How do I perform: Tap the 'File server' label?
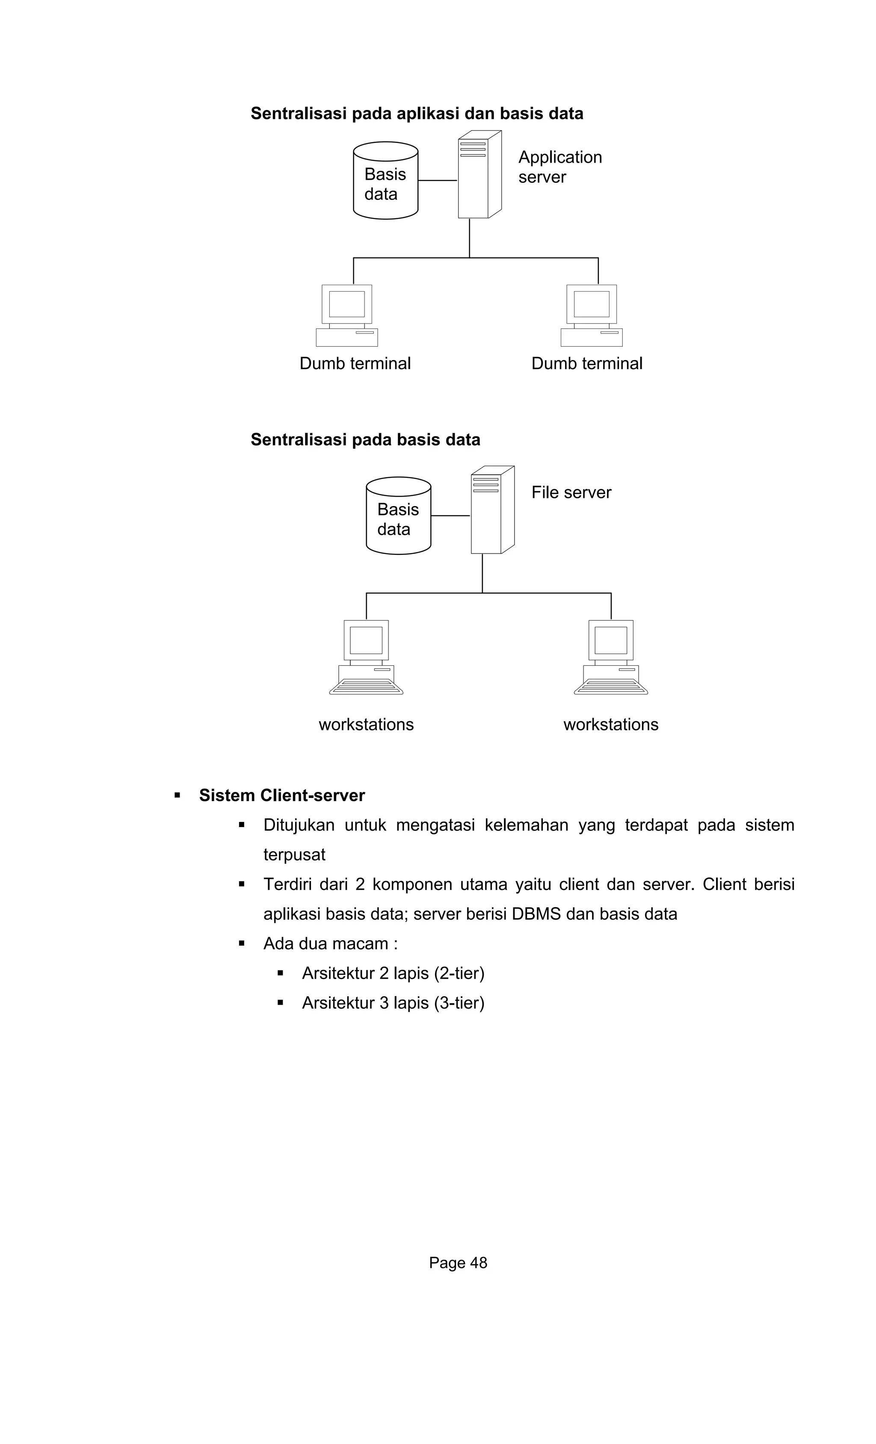(571, 492)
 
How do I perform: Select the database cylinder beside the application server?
(385, 181)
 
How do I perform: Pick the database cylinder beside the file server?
(398, 516)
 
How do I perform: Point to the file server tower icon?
(491, 510)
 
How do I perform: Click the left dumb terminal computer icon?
(346, 315)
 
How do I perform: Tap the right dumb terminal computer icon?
(592, 315)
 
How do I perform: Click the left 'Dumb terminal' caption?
(355, 363)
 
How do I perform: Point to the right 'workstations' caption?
(611, 724)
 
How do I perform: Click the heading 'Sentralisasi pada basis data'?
(365, 440)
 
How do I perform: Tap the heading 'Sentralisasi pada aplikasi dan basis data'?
(417, 113)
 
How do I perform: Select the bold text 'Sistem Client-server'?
(281, 795)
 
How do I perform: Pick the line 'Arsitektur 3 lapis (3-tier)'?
(393, 1003)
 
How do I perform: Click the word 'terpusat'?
(294, 854)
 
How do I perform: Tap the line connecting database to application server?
(438, 181)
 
